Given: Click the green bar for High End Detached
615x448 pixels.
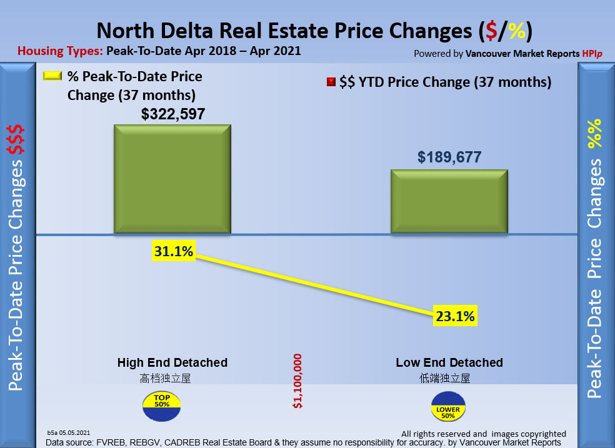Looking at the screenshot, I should point(172,179).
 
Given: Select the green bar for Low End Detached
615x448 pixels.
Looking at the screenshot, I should point(449,201).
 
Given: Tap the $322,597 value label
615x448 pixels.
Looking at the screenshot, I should point(173,114).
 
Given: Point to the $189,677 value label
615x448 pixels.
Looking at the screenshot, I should point(449,157).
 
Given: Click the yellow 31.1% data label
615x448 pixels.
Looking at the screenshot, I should point(174,252).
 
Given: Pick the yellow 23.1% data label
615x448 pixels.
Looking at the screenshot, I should point(455,316).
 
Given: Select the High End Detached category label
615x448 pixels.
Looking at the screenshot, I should point(172,362).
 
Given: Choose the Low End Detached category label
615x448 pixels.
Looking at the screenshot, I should point(449,362).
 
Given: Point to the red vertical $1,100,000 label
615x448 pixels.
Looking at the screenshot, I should point(297,381).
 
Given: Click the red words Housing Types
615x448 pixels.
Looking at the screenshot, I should point(60,51).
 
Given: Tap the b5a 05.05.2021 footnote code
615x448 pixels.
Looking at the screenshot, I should point(69,432).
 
